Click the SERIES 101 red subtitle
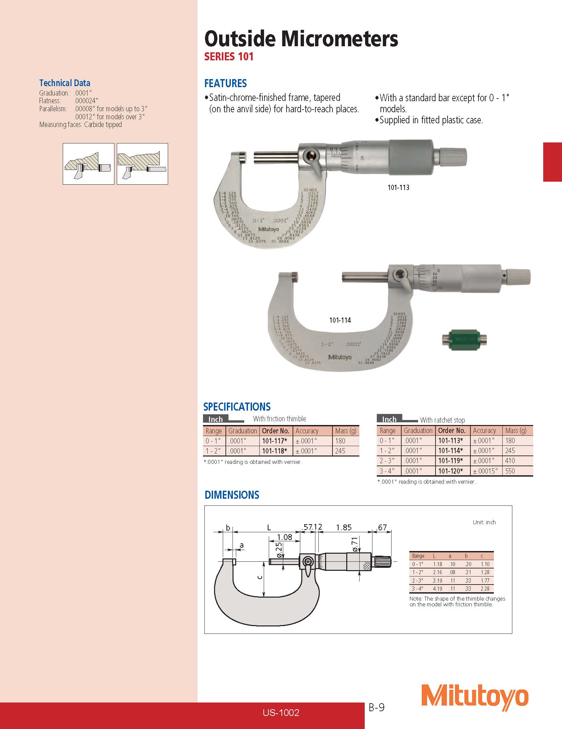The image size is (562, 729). pyautogui.click(x=229, y=57)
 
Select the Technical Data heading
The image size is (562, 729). pyautogui.click(x=65, y=83)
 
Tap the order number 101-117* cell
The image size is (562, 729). pyautogui.click(x=274, y=441)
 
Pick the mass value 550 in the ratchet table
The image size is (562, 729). pyautogui.click(x=510, y=471)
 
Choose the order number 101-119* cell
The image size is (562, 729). pyautogui.click(x=451, y=461)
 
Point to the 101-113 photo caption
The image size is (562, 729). pyautogui.click(x=398, y=187)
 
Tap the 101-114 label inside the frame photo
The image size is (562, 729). pyautogui.click(x=340, y=320)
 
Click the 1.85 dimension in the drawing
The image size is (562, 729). pyautogui.click(x=344, y=528)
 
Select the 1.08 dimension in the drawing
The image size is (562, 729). pyautogui.click(x=284, y=537)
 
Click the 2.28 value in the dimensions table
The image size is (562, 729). pyautogui.click(x=485, y=589)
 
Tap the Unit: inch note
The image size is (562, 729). pyautogui.click(x=484, y=522)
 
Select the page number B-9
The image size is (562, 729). pyautogui.click(x=376, y=707)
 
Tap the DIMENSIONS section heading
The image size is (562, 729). pyautogui.click(x=232, y=495)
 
